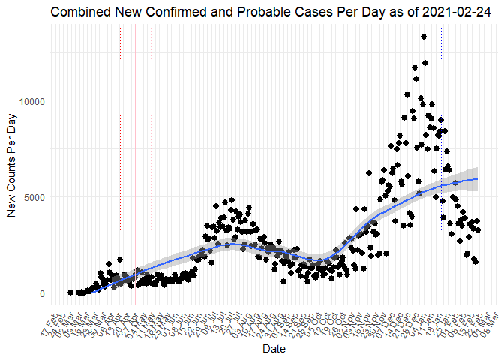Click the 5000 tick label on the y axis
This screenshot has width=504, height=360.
point(35,197)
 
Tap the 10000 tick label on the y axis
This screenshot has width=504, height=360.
point(33,101)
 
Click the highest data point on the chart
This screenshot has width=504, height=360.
point(424,37)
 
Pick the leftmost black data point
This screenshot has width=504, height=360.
point(70,292)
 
